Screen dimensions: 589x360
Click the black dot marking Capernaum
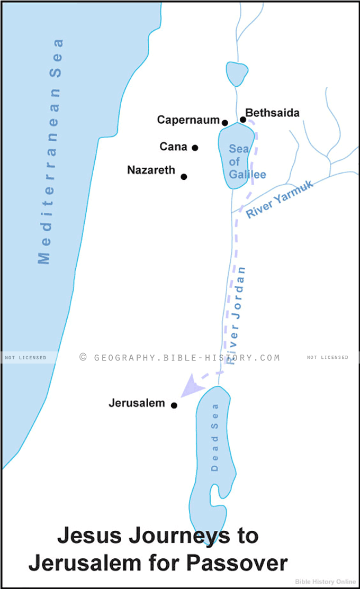click(225, 123)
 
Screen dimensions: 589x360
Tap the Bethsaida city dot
click(243, 120)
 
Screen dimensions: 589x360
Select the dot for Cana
click(195, 148)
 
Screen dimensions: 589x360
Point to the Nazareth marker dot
click(184, 177)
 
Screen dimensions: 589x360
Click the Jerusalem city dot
click(174, 405)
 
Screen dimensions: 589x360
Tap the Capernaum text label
click(188, 120)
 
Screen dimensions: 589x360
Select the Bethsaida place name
click(273, 113)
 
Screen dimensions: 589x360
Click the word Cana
click(174, 147)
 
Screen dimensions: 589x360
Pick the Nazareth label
click(151, 170)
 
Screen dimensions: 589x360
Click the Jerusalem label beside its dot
click(137, 403)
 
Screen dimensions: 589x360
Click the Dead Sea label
click(214, 437)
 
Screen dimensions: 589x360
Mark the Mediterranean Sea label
click(50, 151)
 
